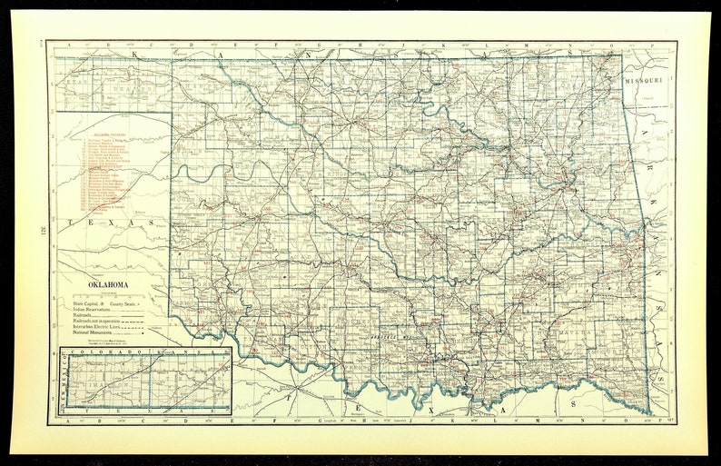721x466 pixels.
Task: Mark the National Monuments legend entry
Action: coord(94,334)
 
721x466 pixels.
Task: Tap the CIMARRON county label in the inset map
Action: coord(90,383)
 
